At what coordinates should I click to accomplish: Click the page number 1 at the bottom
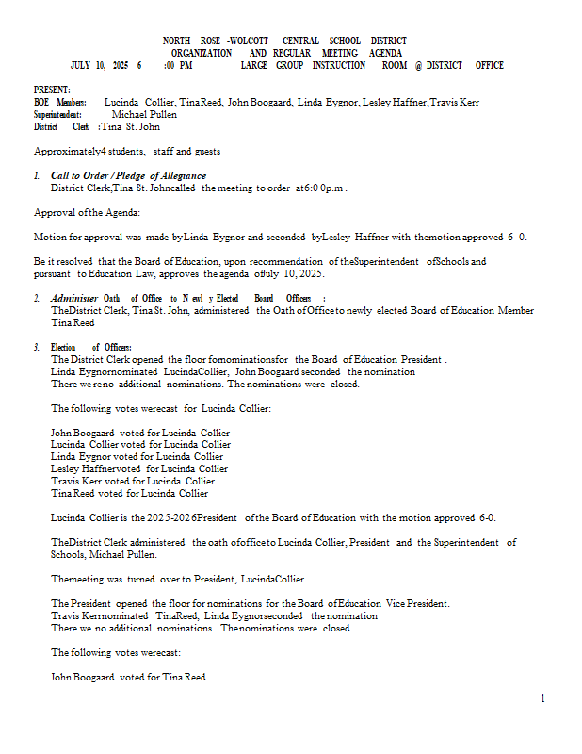point(542,698)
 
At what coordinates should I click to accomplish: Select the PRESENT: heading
point(52,90)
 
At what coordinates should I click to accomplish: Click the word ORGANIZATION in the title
point(202,54)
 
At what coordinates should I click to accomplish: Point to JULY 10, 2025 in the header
point(100,66)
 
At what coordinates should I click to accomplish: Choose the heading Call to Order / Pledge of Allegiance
point(128,176)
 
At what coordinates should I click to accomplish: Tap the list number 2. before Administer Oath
point(37,299)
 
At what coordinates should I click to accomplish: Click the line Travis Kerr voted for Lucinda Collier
point(133,481)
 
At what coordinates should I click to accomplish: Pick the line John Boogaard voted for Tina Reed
point(128,677)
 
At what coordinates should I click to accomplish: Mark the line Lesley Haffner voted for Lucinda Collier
point(139,468)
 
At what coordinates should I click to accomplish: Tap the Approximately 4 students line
point(127,151)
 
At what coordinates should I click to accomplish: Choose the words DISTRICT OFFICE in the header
point(464,66)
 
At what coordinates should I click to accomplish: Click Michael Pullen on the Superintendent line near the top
point(144,114)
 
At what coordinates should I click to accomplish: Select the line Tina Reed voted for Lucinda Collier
point(129,493)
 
